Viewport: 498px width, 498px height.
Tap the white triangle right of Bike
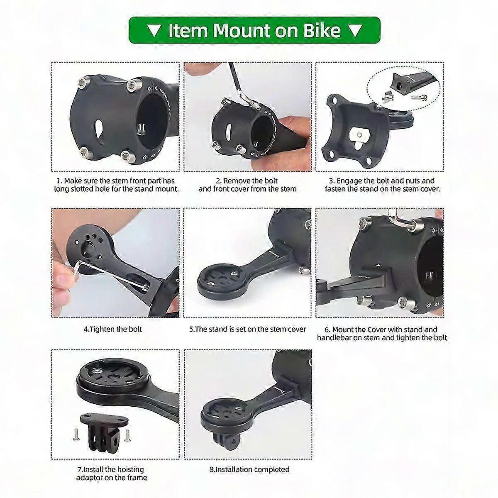point(355,30)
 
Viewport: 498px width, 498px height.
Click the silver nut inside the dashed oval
point(387,97)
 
